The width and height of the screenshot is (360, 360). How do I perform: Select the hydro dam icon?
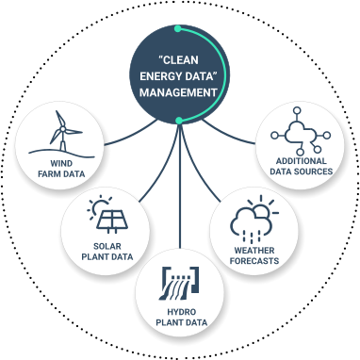[179, 282]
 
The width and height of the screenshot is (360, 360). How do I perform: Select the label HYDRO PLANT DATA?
[179, 317]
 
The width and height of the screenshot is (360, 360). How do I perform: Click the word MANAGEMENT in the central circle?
[179, 92]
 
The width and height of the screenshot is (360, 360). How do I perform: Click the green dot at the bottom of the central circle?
[179, 121]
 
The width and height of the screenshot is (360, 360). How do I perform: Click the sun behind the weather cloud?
[255, 207]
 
